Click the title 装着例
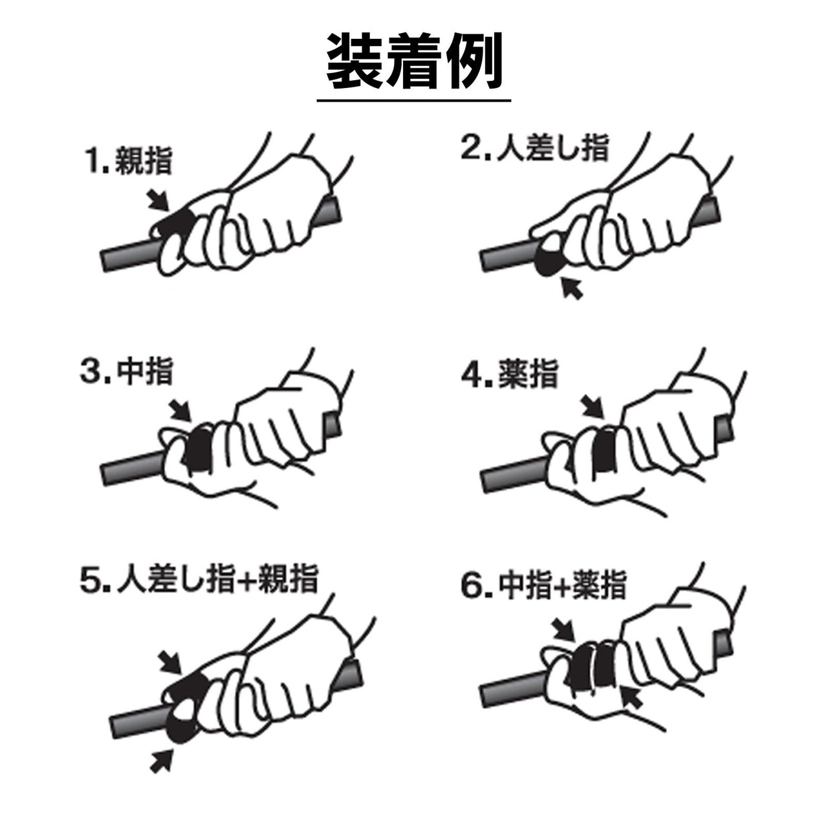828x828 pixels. pos(414,61)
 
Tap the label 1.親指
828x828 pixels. pos(129,161)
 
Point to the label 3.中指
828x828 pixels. pos(127,371)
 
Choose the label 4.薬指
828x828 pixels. pos(510,374)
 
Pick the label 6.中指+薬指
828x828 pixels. pos(543,585)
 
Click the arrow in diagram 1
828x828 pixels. pos(158,201)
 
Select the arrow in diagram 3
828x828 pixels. pos(180,410)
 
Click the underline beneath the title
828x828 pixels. pos(414,100)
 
